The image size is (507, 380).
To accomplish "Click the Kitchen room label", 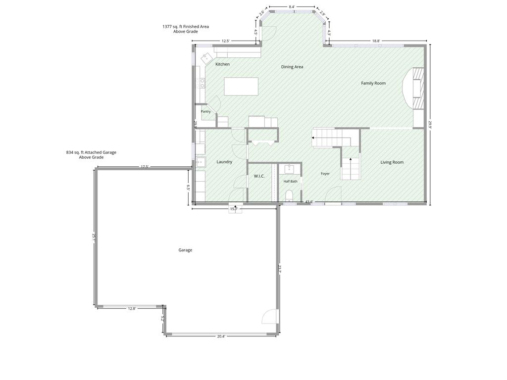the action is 222,64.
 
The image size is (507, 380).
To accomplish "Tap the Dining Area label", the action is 292,67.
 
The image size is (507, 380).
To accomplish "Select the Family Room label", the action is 373,83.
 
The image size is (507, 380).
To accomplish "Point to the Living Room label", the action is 392,162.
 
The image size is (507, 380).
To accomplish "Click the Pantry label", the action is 205,111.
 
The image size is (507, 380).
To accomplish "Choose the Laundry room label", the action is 224,162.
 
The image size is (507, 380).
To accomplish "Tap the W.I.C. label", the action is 259,176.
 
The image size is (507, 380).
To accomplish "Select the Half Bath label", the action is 290,181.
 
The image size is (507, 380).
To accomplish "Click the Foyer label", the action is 325,174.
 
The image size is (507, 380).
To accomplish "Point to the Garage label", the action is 185,250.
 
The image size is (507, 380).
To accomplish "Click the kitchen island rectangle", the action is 241,86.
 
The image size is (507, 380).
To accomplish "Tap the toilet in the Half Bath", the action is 289,195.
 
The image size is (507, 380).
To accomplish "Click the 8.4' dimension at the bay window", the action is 292,6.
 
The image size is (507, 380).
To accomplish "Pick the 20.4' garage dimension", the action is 221,336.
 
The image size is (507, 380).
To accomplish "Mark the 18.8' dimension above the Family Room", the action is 376,41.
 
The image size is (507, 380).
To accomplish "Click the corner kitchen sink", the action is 206,59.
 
